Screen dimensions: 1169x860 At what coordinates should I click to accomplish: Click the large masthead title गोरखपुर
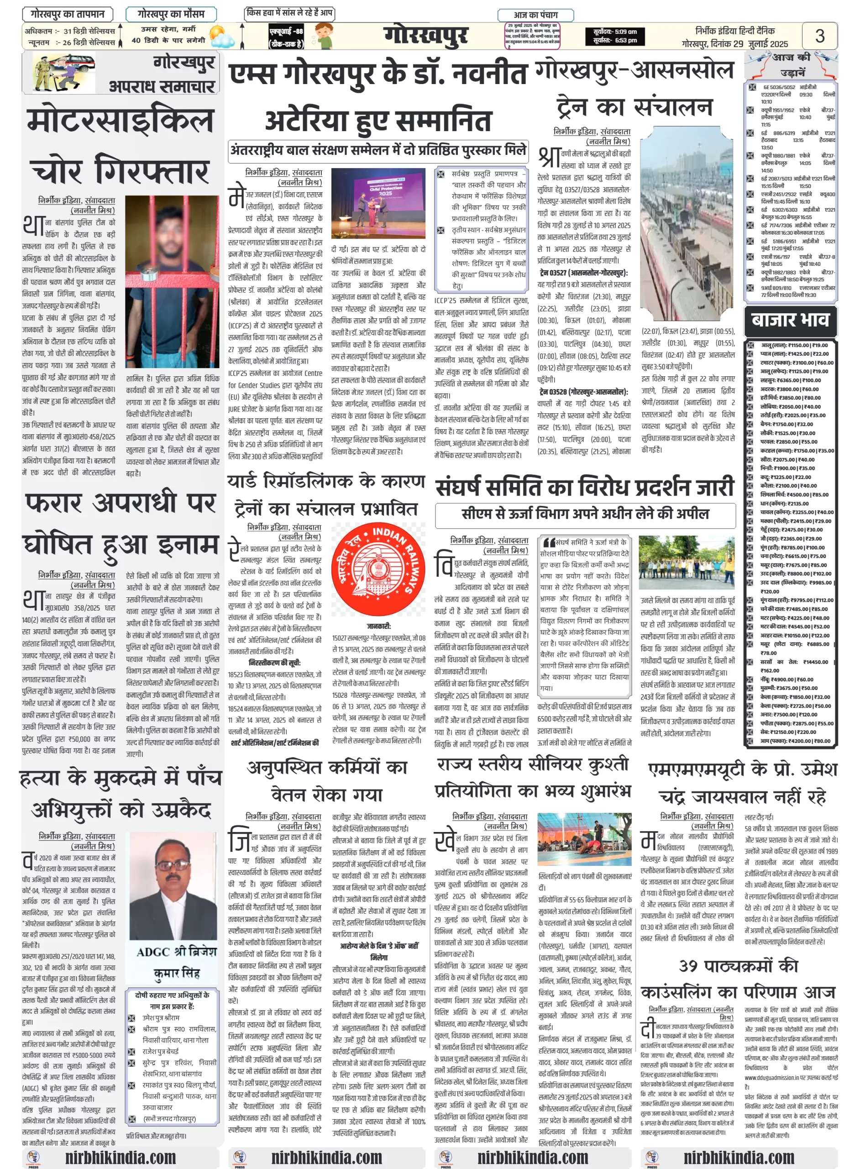[x=426, y=36]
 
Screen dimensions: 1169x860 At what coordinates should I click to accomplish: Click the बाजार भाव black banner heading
[x=790, y=319]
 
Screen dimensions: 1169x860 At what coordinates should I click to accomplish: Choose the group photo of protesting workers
[x=687, y=563]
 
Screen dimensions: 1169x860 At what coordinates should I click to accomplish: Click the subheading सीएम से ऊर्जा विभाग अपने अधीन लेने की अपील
[x=585, y=513]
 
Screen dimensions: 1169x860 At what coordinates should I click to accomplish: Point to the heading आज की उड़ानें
[x=791, y=64]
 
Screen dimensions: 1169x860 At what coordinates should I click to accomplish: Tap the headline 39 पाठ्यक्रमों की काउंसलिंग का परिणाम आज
[x=738, y=979]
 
